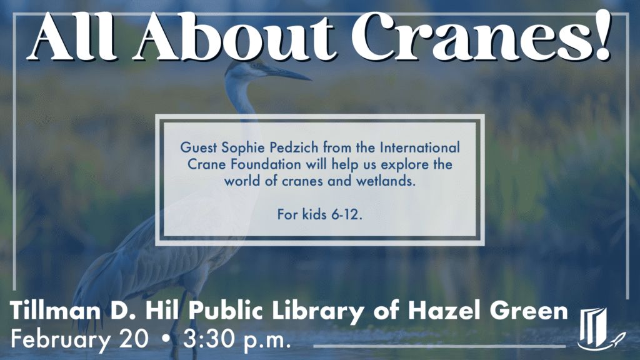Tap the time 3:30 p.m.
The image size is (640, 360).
click(x=237, y=341)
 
